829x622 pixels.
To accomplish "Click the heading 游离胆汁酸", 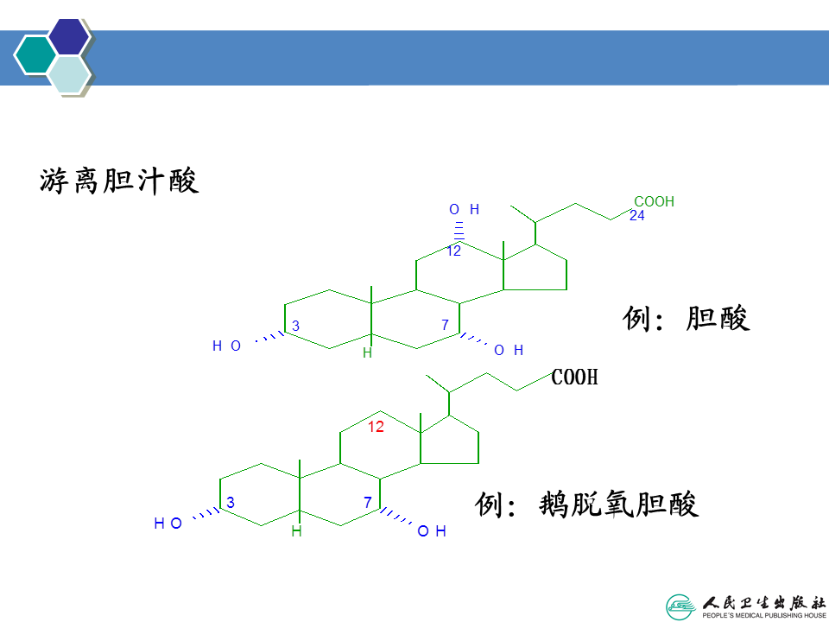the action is pos(119,181).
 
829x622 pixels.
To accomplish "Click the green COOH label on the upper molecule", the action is pos(654,202).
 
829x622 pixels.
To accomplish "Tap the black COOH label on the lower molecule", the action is pos(574,378).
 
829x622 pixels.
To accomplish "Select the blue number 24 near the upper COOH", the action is pos(637,217).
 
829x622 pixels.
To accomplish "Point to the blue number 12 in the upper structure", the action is pos(453,251).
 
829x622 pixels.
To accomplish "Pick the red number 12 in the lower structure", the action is pos(376,427).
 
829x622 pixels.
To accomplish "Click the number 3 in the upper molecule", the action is pos(295,326).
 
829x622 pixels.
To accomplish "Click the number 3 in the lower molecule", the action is pos(231,503).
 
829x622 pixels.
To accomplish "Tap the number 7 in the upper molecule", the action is pos(446,326).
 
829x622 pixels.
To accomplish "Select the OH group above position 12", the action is pos(464,210).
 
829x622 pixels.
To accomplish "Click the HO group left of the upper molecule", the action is pos(226,347).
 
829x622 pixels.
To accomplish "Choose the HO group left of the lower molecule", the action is pos(168,524).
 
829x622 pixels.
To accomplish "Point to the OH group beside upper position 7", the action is pos(509,351).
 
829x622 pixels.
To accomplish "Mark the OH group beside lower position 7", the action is pos(432,531).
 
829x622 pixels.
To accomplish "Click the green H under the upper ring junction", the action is pos(367,353).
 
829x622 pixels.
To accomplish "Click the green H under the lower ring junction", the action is pos(296,531).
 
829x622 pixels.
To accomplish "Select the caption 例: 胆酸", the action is pos(687,319).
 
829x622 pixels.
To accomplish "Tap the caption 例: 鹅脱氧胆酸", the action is pos(586,504).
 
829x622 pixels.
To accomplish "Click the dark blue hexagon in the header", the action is pos(69,36).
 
